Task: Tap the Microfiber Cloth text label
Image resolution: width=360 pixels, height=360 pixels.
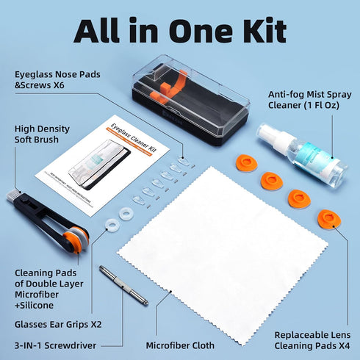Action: pos(179,344)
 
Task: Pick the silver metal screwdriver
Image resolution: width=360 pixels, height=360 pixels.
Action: pos(124,286)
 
